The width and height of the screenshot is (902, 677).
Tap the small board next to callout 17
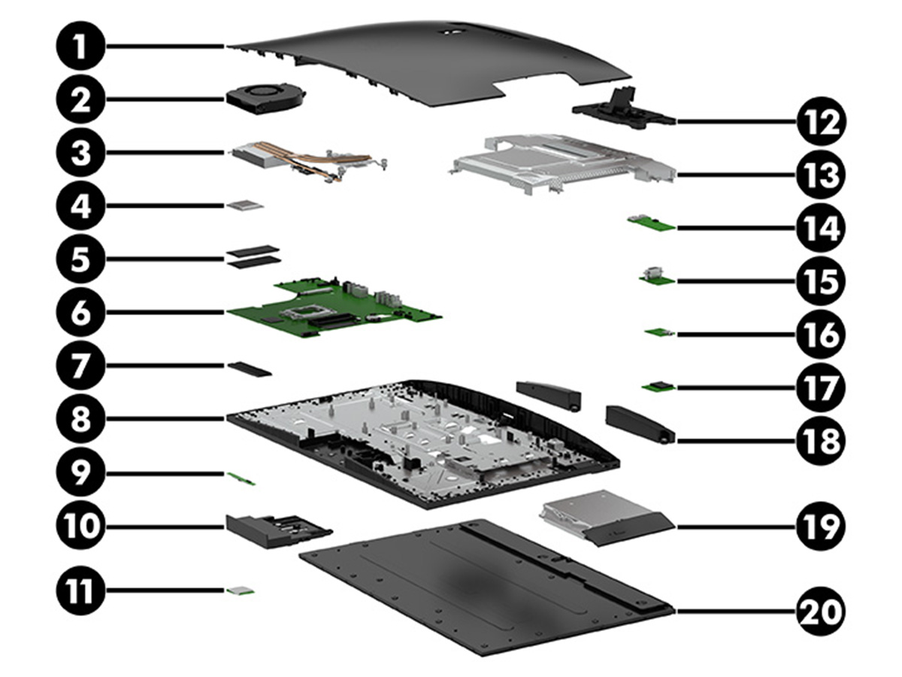pos(659,387)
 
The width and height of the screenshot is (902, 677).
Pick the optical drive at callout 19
pos(601,523)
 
